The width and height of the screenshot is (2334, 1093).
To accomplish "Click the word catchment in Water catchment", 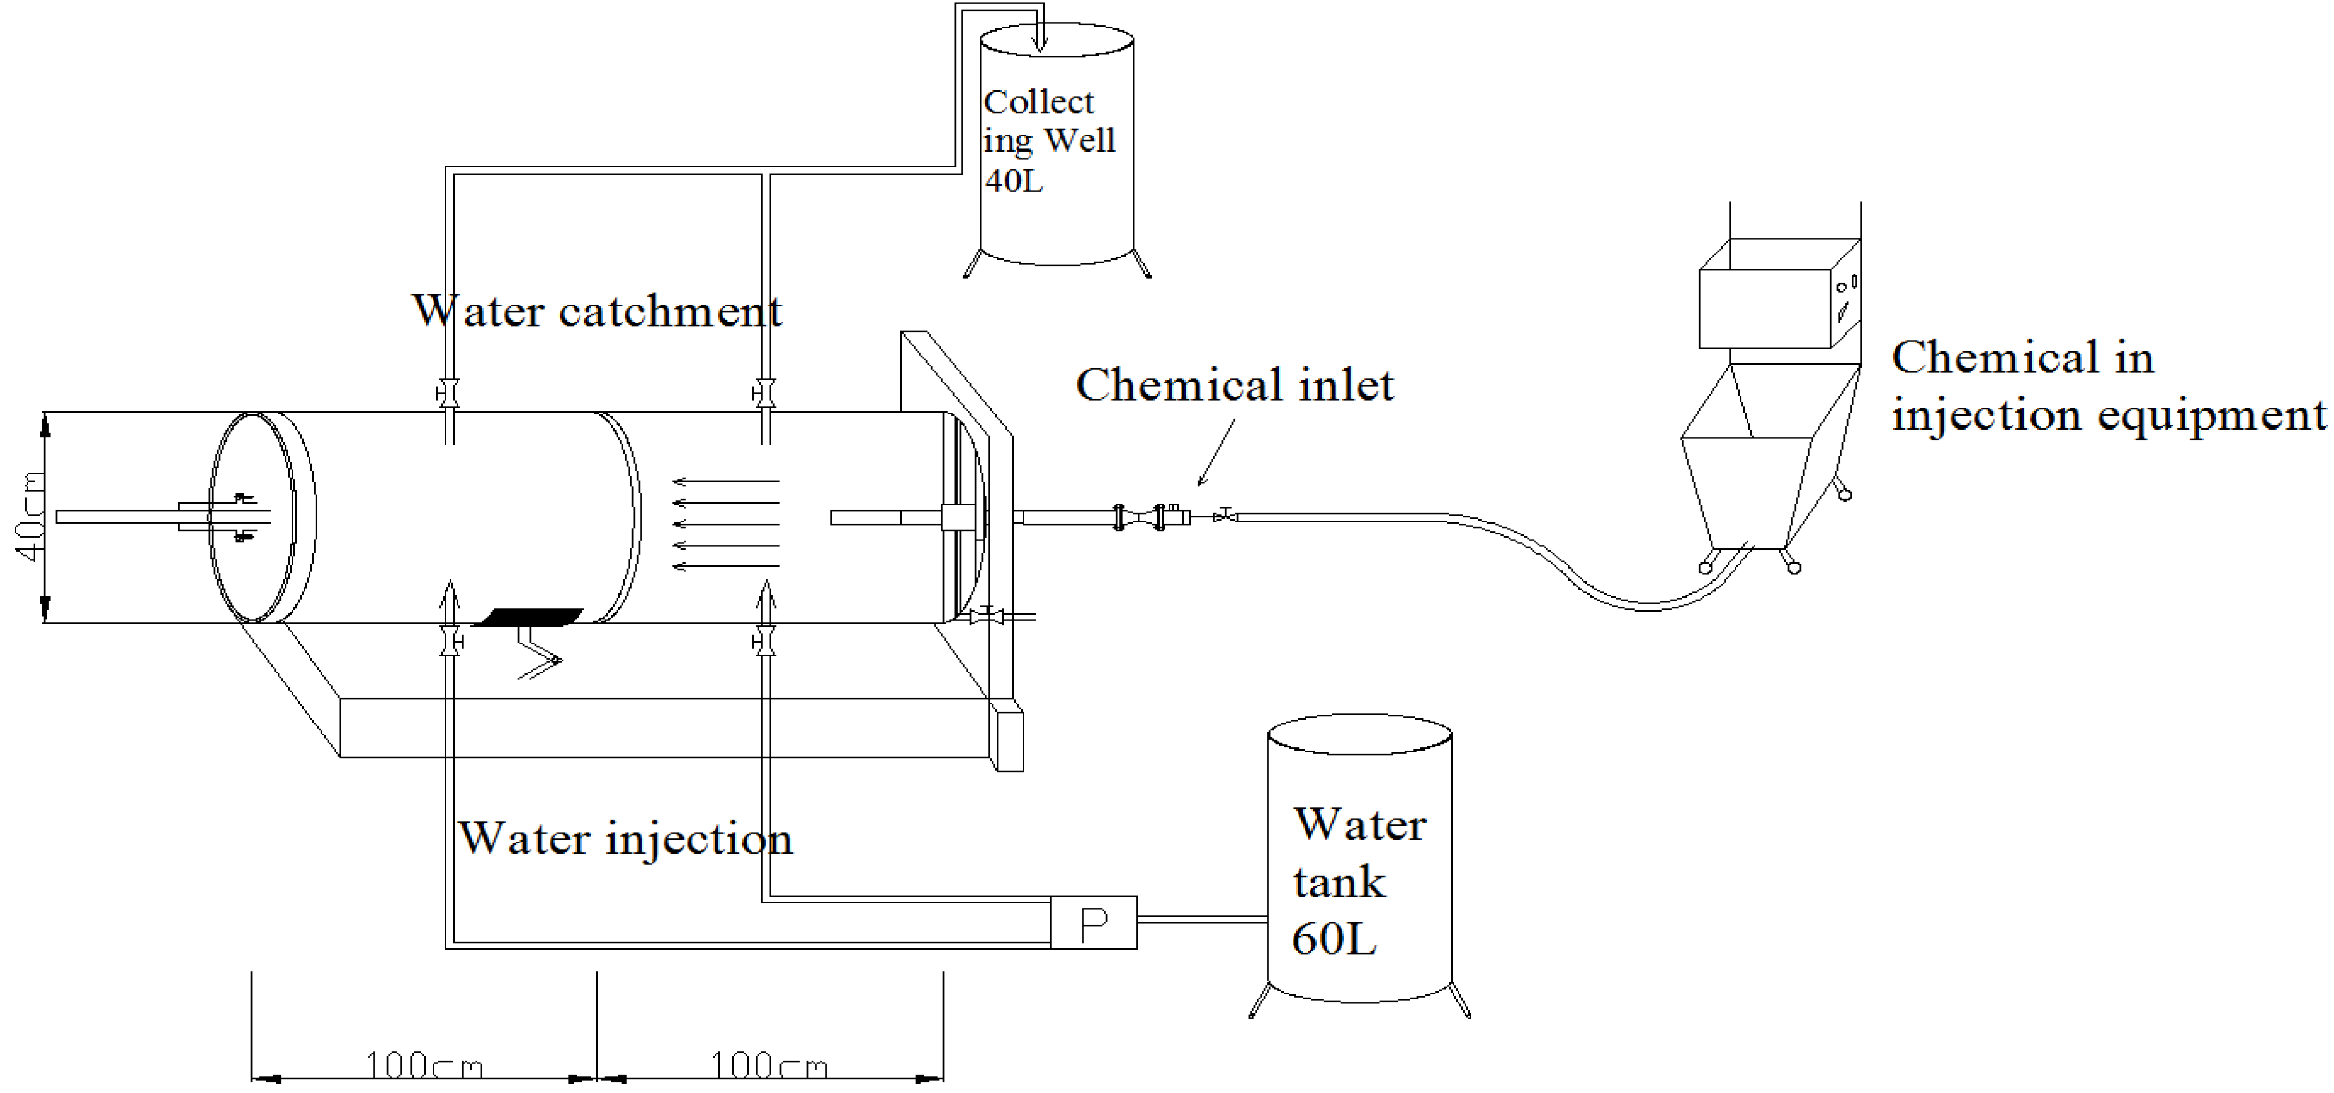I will point(670,311).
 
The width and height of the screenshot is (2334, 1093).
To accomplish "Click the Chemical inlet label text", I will point(1234,385).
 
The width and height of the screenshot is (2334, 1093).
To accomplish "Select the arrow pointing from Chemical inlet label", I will point(1216,453).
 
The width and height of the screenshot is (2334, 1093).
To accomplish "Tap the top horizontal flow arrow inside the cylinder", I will point(725,481).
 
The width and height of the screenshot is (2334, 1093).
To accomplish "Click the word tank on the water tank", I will point(1339,882).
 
